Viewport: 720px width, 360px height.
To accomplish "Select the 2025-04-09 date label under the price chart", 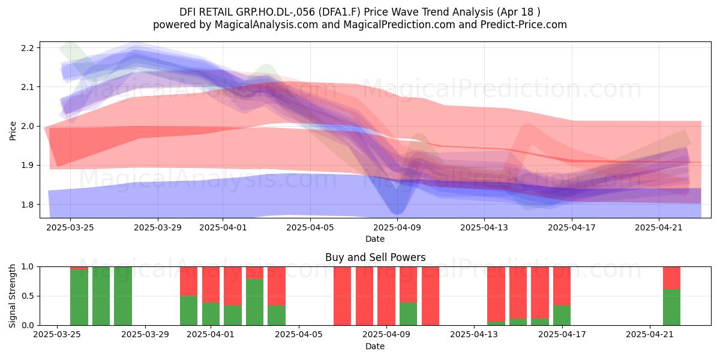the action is pyautogui.click(x=397, y=227).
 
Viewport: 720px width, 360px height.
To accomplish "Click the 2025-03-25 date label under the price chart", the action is pyautogui.click(x=70, y=227).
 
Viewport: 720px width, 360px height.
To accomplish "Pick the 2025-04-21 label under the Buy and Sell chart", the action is pyautogui.click(x=650, y=334).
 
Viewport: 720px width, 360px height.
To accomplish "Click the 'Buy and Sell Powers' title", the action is pyautogui.click(x=375, y=257).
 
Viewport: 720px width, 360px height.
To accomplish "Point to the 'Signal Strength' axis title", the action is pyautogui.click(x=12, y=296).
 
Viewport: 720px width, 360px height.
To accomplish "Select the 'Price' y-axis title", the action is pyautogui.click(x=13, y=131).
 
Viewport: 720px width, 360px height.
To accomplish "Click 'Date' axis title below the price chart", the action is pyautogui.click(x=375, y=239).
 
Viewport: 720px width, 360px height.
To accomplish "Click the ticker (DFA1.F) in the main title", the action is pyautogui.click(x=340, y=12).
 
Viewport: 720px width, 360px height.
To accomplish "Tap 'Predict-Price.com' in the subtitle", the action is pyautogui.click(x=524, y=25).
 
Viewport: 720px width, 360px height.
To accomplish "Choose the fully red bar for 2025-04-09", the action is pyautogui.click(x=386, y=296).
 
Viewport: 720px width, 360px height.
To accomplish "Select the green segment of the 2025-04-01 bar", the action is pyautogui.click(x=211, y=314).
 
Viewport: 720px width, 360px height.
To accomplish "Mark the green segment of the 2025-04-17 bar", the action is pyautogui.click(x=562, y=316).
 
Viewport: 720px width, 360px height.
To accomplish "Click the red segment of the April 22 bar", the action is pyautogui.click(x=672, y=278).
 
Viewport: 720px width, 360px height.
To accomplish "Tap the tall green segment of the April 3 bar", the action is pyautogui.click(x=254, y=302).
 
